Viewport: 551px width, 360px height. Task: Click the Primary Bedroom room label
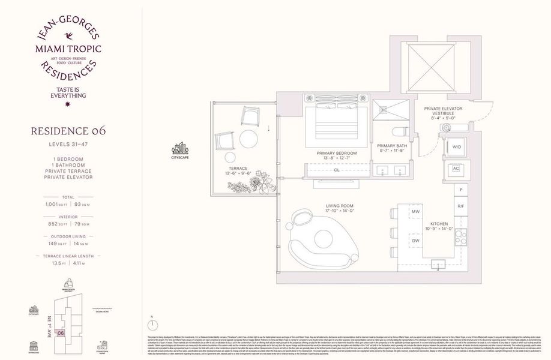[337, 153]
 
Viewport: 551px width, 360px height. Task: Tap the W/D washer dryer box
[457, 146]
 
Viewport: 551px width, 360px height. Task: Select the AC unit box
[456, 169]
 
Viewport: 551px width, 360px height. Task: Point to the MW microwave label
[415, 212]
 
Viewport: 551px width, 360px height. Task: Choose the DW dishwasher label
[415, 240]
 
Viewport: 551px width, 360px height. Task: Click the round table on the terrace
[248, 139]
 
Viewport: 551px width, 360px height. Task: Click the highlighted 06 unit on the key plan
[61, 333]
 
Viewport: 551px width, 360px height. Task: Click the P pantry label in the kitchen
[460, 190]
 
